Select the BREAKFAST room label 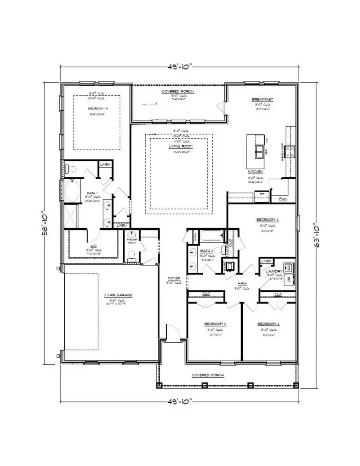(262, 99)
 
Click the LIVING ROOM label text (178, 146)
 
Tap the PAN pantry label (282, 199)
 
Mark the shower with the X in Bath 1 (72, 217)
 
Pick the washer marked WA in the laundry (288, 267)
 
